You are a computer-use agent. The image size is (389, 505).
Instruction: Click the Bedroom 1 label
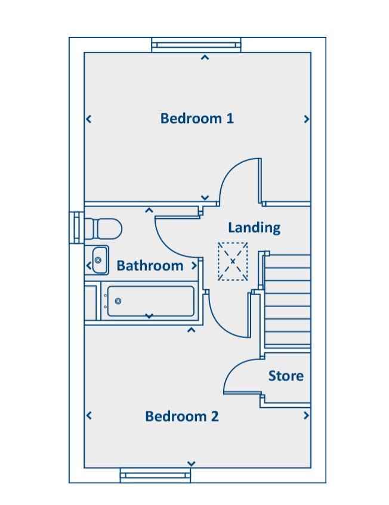[x=197, y=119]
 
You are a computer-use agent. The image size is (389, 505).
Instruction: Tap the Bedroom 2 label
[x=182, y=416]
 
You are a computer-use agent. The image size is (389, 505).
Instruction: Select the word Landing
[x=254, y=228]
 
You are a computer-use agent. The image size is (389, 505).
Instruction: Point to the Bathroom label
[x=150, y=266]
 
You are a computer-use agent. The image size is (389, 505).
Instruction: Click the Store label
[x=286, y=376]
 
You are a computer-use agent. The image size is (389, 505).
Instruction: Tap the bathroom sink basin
[x=100, y=260]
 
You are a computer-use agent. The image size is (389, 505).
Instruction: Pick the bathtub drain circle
[x=118, y=301]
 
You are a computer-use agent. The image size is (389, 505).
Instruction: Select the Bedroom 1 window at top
[x=196, y=45]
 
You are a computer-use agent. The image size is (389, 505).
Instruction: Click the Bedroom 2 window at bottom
[x=155, y=475]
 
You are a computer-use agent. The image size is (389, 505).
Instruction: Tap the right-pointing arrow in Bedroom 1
[x=307, y=119]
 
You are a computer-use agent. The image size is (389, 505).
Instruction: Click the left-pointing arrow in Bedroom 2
[x=89, y=416]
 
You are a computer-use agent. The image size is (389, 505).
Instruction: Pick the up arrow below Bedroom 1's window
[x=205, y=57]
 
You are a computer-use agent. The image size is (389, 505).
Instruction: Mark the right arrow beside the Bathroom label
[x=194, y=266]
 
